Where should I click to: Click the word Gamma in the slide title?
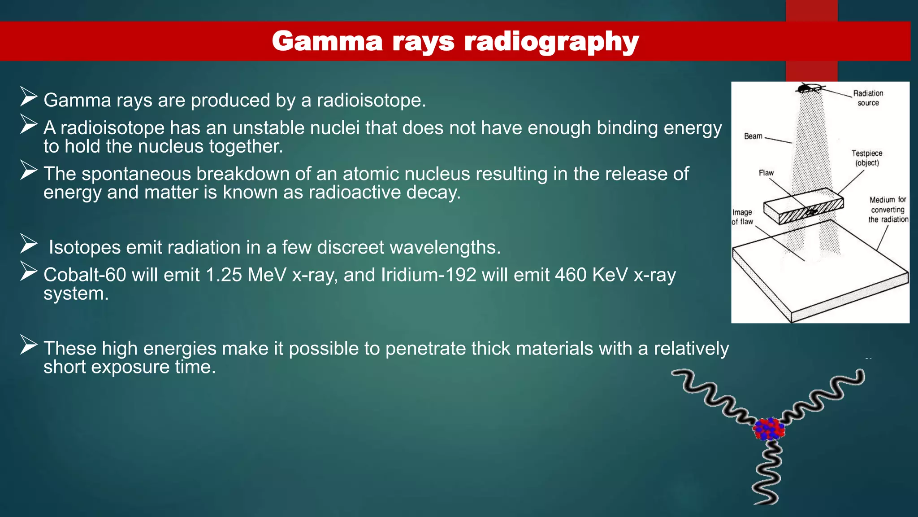[x=327, y=41]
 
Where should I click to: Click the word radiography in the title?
[x=551, y=41]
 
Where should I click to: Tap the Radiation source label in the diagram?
[x=868, y=98]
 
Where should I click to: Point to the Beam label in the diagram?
[x=753, y=136]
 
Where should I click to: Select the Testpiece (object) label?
[x=867, y=158]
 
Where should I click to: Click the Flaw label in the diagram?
[x=766, y=173]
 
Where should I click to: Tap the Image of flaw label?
[x=742, y=217]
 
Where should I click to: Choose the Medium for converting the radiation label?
[x=888, y=210]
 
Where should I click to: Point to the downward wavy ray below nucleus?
[x=767, y=473]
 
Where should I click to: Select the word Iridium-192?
[x=429, y=275]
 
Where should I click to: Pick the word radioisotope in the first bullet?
[x=368, y=100]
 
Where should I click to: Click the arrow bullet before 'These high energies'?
[x=29, y=345]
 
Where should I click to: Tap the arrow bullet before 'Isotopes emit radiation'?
[x=29, y=244]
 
